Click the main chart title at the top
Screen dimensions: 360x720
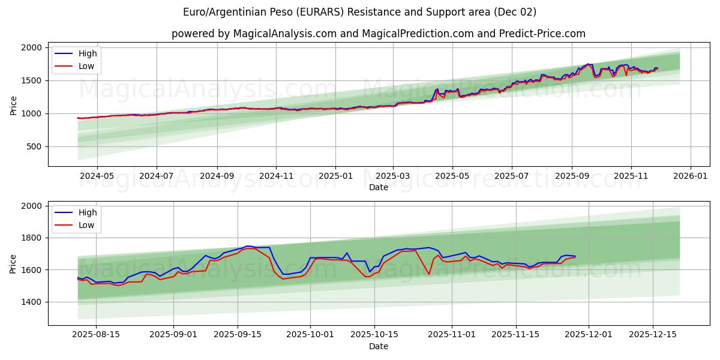pyautogui.click(x=360, y=12)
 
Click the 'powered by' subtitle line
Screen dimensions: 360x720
pyautogui.click(x=378, y=34)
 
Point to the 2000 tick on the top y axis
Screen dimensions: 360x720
pyautogui.click(x=35, y=47)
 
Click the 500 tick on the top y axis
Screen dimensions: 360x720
pyautogui.click(x=38, y=146)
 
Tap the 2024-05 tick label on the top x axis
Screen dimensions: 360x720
pyautogui.click(x=97, y=176)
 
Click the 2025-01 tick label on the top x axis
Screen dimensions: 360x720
pyautogui.click(x=335, y=176)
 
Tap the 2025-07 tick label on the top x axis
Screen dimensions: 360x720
pyautogui.click(x=511, y=176)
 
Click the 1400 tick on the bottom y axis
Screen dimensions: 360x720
pyautogui.click(x=35, y=302)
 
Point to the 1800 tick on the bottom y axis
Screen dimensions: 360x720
pyautogui.click(x=35, y=238)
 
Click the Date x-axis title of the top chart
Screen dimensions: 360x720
pyautogui.click(x=378, y=187)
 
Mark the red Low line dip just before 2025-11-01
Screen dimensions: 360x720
pyautogui.click(x=428, y=274)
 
